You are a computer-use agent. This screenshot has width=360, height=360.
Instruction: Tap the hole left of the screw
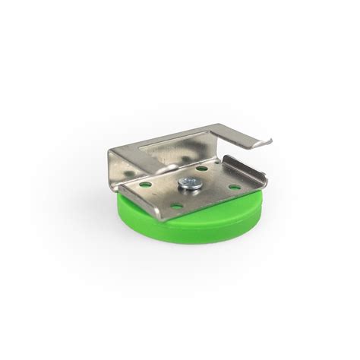pos(145,184)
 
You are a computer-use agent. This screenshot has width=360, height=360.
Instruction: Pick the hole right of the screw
pos(233,186)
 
